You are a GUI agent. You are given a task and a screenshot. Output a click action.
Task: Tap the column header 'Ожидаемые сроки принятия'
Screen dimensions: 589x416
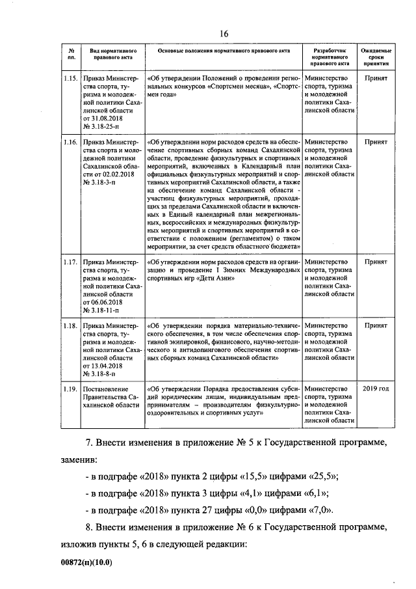[376, 57]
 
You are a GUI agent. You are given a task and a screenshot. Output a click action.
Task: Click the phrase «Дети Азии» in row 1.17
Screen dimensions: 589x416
[212, 277]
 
